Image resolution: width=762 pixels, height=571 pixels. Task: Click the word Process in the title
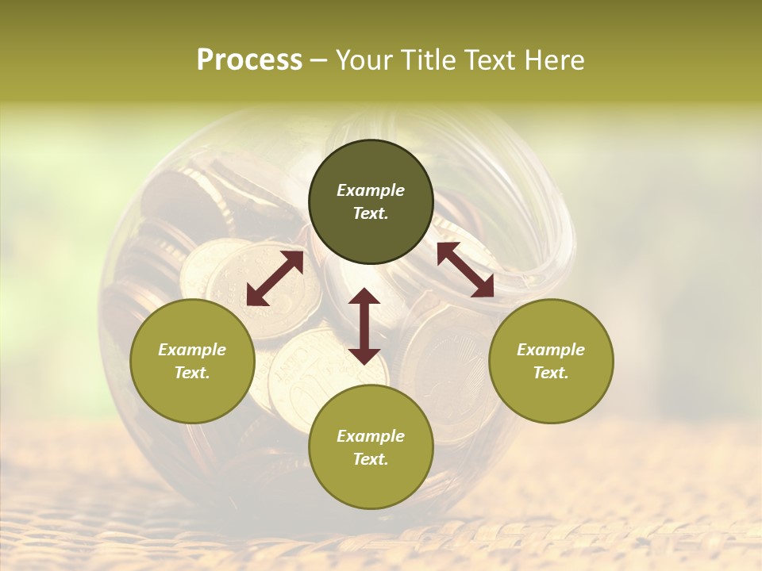click(249, 59)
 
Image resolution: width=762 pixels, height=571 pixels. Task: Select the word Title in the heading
click(427, 59)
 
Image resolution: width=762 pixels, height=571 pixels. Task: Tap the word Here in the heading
click(552, 59)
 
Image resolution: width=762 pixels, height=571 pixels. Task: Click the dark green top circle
click(371, 202)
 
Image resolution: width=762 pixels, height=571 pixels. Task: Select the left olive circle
click(192, 361)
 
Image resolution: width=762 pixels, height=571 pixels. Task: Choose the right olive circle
click(551, 361)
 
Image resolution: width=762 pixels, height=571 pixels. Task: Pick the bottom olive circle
click(371, 447)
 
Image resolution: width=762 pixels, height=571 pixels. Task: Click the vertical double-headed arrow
click(364, 326)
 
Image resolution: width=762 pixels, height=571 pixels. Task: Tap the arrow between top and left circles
click(275, 278)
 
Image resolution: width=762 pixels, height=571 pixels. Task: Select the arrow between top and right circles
click(465, 270)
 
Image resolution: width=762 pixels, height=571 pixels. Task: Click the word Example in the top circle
click(371, 190)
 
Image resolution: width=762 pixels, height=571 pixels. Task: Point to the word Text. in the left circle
click(192, 373)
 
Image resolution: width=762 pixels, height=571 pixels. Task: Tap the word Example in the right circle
click(551, 350)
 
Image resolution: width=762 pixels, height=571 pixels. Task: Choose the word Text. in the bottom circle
click(371, 459)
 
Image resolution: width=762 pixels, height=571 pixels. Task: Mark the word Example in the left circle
click(192, 350)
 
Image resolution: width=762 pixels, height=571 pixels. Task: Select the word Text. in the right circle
click(551, 373)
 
